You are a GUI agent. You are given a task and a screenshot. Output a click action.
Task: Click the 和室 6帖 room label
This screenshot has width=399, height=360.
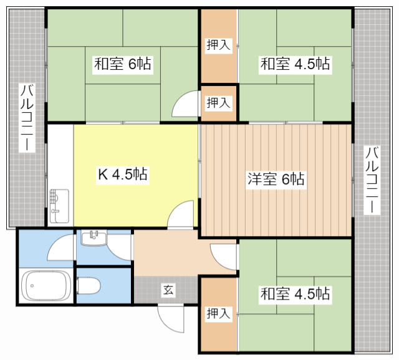[123, 64]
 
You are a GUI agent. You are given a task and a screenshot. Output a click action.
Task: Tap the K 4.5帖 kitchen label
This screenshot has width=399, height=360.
[123, 174]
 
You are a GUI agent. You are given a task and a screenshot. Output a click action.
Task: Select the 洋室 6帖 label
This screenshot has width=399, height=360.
[276, 179]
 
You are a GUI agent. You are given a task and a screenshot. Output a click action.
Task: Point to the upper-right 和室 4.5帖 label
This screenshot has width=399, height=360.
[295, 64]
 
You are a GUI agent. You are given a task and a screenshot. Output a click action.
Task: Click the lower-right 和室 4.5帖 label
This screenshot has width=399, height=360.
[295, 293]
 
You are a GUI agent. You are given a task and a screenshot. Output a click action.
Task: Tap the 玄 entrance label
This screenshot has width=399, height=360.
[168, 290]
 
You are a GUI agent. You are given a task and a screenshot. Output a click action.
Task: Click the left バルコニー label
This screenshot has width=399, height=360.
[27, 118]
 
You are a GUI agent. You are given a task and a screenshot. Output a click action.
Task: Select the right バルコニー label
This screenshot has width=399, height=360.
[372, 180]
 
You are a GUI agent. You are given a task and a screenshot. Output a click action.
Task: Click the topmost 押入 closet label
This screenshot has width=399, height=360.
[218, 45]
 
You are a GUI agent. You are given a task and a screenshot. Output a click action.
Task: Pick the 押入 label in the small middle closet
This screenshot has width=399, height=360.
[218, 103]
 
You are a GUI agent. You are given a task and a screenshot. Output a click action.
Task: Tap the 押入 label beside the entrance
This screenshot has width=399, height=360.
[218, 313]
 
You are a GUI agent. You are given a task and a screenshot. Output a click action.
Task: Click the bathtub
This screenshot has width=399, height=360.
[46, 285]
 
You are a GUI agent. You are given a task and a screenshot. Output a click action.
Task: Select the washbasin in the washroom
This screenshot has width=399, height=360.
[94, 238]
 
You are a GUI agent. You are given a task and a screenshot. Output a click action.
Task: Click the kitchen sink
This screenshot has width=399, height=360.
[59, 206]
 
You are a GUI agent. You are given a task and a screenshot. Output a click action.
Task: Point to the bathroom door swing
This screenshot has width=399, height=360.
[60, 247]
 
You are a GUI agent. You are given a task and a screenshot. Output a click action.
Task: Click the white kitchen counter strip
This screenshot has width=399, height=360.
[60, 176]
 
